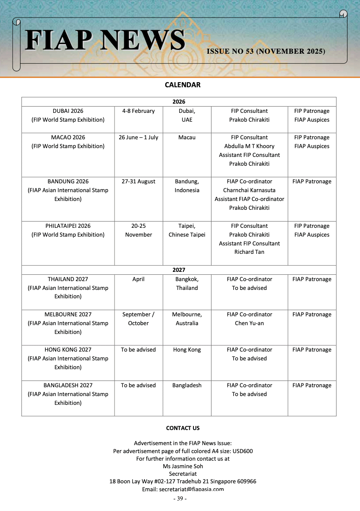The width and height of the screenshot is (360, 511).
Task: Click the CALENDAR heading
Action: click(x=183, y=85)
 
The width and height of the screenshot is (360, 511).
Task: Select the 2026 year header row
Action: click(x=179, y=102)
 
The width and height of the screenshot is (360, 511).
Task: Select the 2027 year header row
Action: click(x=179, y=270)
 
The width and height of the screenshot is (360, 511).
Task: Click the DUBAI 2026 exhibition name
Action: click(x=68, y=111)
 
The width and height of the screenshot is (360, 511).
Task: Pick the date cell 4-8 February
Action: click(x=138, y=111)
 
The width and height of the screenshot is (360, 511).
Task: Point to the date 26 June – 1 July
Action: click(x=138, y=138)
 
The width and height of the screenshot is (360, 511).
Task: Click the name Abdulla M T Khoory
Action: click(x=249, y=146)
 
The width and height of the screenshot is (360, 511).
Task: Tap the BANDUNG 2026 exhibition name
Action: click(x=68, y=182)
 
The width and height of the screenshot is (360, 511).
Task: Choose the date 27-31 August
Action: click(x=138, y=182)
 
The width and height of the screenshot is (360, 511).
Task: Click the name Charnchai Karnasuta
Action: click(x=249, y=190)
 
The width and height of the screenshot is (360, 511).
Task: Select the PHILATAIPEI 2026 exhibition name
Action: click(x=68, y=226)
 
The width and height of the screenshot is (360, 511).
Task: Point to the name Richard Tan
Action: click(x=249, y=252)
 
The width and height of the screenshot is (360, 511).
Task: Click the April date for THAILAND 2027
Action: click(x=138, y=279)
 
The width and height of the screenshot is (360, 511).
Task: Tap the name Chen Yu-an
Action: click(x=249, y=323)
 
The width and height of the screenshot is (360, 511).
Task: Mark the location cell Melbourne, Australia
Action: click(x=187, y=319)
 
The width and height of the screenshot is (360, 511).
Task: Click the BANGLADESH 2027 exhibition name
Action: click(x=68, y=385)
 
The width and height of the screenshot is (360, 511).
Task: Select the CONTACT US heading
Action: click(x=183, y=428)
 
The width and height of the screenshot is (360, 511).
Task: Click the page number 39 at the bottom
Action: click(x=180, y=498)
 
